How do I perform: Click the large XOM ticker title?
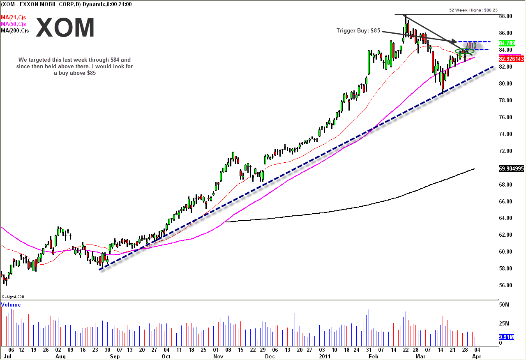click(65, 28)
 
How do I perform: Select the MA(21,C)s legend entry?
click(14, 17)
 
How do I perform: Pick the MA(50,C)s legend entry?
click(14, 24)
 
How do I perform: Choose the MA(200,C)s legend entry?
click(15, 31)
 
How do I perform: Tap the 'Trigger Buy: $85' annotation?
click(358, 30)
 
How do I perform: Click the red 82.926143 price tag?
click(511, 59)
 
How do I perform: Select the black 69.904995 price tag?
click(511, 168)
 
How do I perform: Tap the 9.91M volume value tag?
click(506, 337)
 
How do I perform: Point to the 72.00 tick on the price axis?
click(505, 151)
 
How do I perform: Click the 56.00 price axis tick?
click(505, 286)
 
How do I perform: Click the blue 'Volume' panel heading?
click(11, 305)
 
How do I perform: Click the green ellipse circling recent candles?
click(465, 52)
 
